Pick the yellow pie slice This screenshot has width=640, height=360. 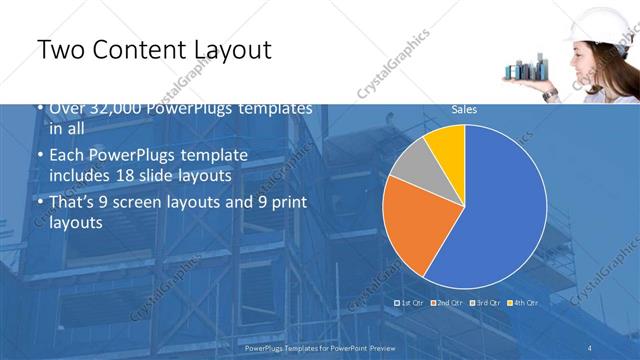(448, 145)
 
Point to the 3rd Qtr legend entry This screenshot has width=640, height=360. (487, 302)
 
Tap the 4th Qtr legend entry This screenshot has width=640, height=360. (524, 302)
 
